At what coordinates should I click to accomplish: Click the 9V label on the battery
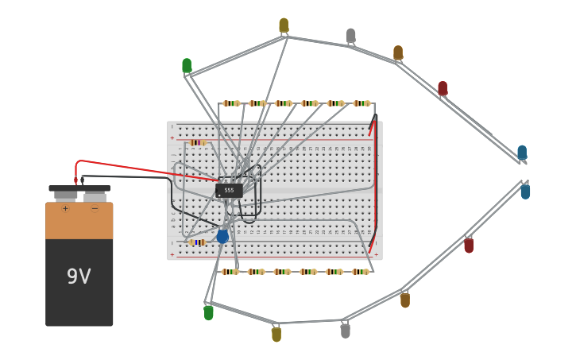79,277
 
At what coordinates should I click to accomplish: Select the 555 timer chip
229,190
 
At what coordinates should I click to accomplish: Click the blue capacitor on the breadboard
222,236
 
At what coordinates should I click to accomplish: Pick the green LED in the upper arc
187,65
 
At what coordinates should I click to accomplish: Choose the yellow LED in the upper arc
284,25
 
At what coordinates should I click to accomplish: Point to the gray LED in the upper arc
350,36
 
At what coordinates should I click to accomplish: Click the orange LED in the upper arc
398,53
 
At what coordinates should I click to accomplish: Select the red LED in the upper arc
443,88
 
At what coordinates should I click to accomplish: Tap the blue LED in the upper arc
522,153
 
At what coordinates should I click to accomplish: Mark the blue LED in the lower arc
525,192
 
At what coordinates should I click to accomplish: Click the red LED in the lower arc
469,246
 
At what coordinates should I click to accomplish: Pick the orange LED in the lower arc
405,300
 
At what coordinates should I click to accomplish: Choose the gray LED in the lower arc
345,330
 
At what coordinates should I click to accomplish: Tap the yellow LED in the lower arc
276,335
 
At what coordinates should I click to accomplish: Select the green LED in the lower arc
208,313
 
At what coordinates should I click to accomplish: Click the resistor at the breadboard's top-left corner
198,143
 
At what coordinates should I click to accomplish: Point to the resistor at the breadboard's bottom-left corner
198,242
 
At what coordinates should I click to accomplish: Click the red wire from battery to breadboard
143,168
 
